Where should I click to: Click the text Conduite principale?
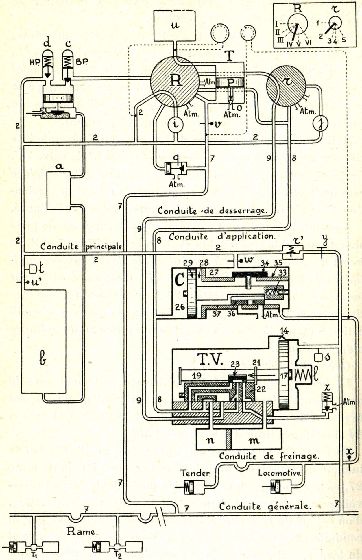(x=82, y=247)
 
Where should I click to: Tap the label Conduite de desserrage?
(x=211, y=210)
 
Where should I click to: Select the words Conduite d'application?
(x=221, y=236)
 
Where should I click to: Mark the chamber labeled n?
(x=211, y=440)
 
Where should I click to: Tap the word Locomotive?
(x=279, y=473)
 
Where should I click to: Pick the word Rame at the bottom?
(x=81, y=531)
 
